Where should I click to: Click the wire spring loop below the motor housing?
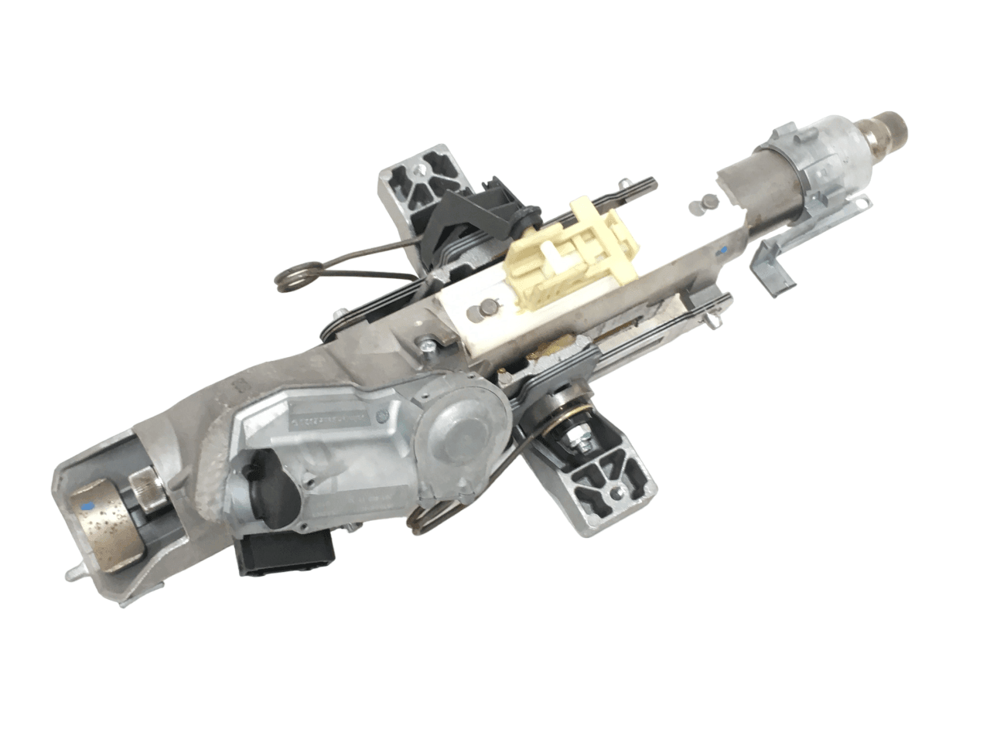tap(430, 521)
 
